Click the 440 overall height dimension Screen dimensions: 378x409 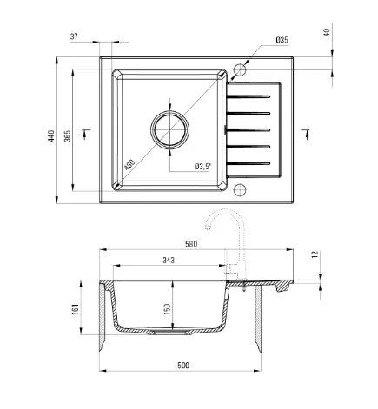click(x=51, y=135)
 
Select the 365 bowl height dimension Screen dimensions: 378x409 click(x=67, y=135)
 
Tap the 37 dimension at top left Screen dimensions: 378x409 click(x=74, y=36)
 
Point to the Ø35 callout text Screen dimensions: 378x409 click(x=282, y=40)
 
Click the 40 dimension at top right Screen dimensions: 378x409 click(x=327, y=32)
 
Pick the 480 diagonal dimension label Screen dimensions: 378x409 click(x=129, y=165)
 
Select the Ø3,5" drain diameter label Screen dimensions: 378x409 click(x=203, y=167)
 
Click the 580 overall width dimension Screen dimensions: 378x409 click(x=191, y=244)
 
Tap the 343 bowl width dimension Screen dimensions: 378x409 click(x=169, y=261)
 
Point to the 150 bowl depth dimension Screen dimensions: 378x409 click(x=167, y=309)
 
